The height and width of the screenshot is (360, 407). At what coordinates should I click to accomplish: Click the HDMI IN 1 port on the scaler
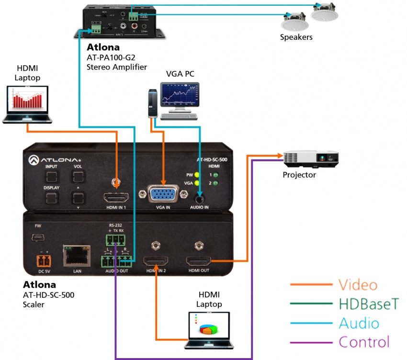point(116,198)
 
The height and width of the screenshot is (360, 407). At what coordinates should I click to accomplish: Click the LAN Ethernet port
point(76,257)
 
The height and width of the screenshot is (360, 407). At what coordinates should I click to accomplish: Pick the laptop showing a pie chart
point(208,330)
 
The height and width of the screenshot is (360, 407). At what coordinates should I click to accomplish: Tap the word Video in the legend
point(358,285)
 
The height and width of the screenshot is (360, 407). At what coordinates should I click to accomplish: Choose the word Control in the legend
point(364,342)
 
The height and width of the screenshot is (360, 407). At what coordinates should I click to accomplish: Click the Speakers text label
point(296,37)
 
